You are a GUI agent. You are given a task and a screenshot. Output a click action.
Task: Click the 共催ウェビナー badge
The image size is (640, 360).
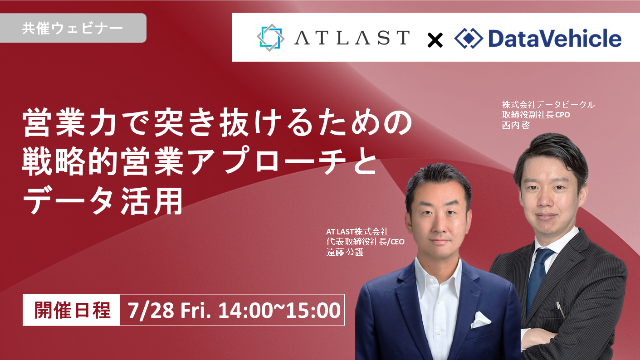tap(73, 28)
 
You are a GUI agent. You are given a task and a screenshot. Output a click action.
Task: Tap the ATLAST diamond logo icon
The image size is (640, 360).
tap(270, 38)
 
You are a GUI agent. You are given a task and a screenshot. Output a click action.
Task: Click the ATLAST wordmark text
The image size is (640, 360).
tap(352, 38)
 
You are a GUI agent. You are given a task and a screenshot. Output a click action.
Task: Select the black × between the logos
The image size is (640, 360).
tap(435, 40)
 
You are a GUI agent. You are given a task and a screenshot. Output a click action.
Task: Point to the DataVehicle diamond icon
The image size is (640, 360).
tap(469, 38)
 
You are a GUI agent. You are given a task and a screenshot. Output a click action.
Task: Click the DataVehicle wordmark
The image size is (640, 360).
tap(555, 38)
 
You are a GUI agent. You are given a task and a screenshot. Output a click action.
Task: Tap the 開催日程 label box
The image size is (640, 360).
tap(71, 310)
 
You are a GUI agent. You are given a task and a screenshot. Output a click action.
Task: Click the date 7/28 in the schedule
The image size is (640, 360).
tap(151, 311)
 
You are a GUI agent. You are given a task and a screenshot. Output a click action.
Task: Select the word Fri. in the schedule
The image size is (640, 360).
tap(195, 311)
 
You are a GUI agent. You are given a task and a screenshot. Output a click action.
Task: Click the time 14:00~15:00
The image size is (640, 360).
tap(279, 311)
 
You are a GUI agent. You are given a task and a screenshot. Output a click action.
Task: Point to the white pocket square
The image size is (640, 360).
tap(481, 320)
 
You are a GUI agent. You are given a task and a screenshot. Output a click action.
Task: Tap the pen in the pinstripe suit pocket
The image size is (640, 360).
tap(560, 309)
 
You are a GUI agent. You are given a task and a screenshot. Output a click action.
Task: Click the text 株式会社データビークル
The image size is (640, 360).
tap(548, 105)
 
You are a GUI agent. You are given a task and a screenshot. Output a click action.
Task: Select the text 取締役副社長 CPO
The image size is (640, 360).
tap(536, 115)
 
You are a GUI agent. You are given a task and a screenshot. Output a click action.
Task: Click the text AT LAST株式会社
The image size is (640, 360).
tap(357, 231)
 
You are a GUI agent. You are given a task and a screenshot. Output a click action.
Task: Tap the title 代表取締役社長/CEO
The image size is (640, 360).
tap(366, 242)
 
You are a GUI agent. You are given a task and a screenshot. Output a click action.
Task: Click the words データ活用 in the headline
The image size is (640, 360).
tap(103, 200)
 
